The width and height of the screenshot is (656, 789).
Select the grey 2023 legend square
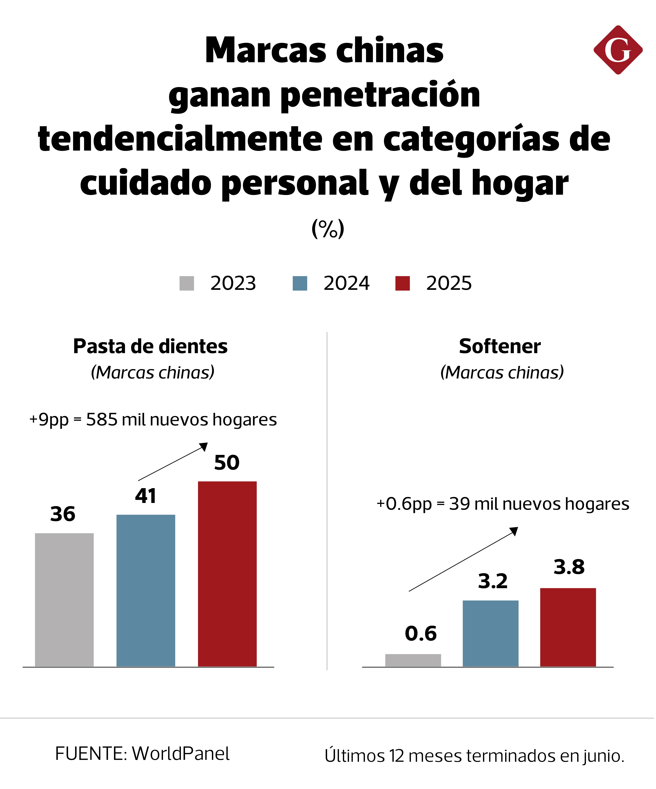(187, 283)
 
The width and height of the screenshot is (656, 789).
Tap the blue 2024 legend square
(300, 283)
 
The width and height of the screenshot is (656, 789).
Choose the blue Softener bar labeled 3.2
(490, 634)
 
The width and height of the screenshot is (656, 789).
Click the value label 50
(227, 462)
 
